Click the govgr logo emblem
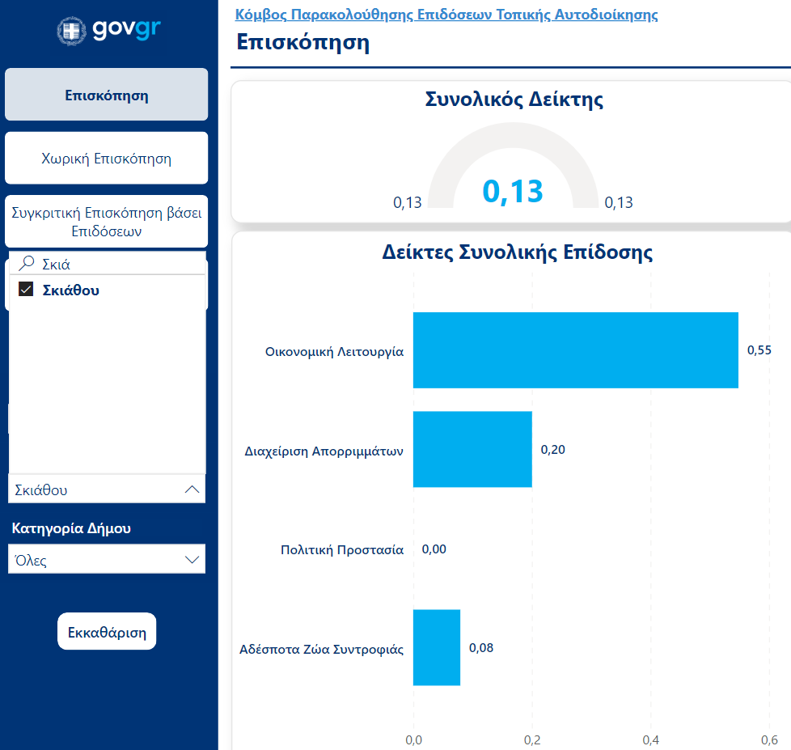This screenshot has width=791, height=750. point(71,31)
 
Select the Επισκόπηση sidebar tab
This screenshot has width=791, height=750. point(107,95)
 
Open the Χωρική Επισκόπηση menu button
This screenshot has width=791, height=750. point(107,158)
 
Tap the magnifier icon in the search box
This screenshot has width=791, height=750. point(27,263)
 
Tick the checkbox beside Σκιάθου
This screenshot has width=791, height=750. point(26,290)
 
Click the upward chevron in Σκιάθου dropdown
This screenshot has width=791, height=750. point(192,489)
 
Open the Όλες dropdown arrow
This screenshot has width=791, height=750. point(192,559)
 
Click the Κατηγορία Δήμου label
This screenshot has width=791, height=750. point(71,528)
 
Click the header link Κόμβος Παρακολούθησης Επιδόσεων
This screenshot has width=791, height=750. point(446,15)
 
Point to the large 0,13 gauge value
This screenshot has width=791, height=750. point(513,192)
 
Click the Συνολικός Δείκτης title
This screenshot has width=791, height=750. point(514,100)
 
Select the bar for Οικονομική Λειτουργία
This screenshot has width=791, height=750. point(575,350)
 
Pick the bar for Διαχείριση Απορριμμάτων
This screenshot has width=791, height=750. point(472,449)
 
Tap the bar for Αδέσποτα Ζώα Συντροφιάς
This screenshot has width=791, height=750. point(437,647)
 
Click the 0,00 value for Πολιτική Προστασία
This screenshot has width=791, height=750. point(434,549)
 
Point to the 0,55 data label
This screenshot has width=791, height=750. point(759,350)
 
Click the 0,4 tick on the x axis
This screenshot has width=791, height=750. point(650,739)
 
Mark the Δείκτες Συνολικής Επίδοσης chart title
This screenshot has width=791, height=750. point(517,252)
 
